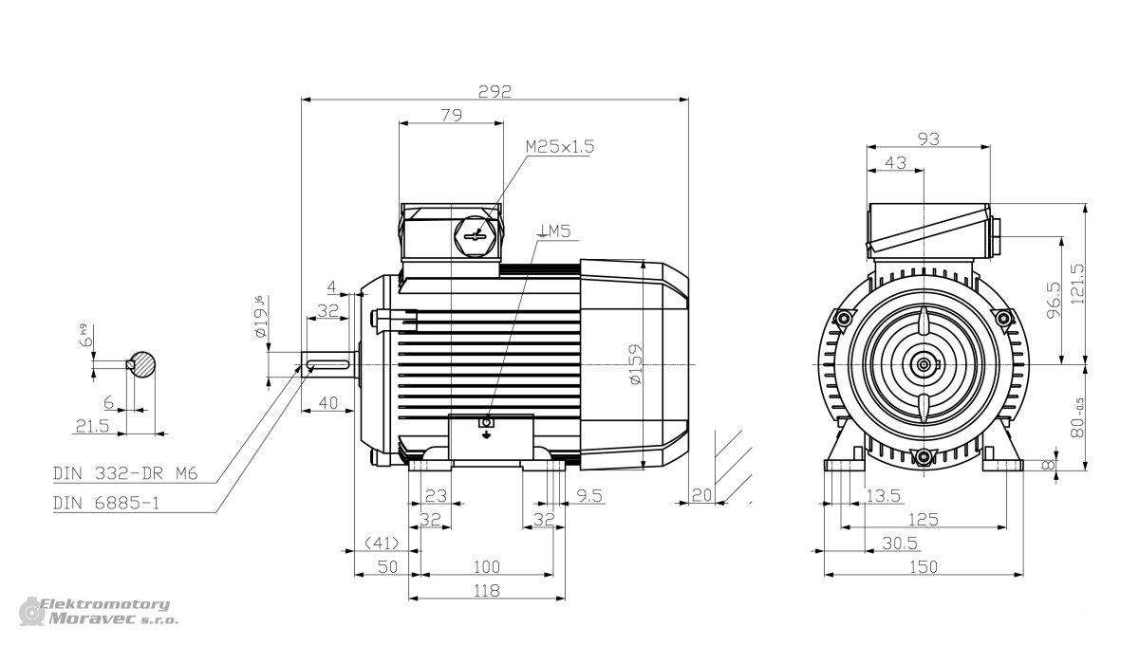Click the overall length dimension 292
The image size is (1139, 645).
495,91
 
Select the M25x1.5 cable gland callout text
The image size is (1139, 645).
560,147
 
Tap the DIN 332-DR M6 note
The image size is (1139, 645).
125,473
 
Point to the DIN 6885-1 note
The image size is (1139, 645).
105,503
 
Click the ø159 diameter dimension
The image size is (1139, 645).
636,364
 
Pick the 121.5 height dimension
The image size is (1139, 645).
1077,284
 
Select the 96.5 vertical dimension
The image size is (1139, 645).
1055,301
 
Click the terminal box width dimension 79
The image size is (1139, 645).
452,116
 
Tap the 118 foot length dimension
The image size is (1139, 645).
487,591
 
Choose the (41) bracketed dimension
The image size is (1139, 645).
383,544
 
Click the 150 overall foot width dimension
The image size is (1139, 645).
923,566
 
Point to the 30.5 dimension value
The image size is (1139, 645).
900,544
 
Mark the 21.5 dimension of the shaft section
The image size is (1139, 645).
93,426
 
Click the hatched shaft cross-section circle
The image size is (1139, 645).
140,364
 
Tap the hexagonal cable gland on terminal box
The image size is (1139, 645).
475,235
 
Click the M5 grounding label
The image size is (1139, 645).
554,231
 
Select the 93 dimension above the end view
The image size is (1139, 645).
928,138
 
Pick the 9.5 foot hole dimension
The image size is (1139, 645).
589,495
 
